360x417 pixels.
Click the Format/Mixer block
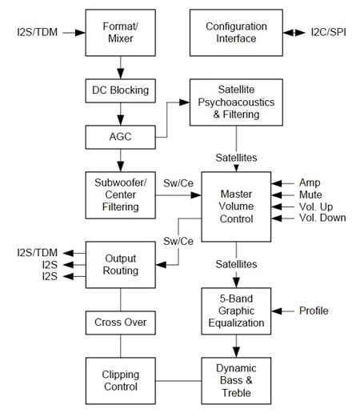pos(119,33)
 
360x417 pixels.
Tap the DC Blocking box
pos(119,90)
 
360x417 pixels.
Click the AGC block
pos(119,136)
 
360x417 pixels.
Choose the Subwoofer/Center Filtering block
pos(119,194)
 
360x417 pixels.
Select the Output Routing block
pos(119,264)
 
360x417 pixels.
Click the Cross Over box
pos(119,323)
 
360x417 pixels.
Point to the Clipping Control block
pos(119,380)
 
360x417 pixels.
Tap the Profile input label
pos(314,310)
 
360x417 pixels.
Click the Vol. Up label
pos(314,206)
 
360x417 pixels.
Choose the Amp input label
pos(309,182)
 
